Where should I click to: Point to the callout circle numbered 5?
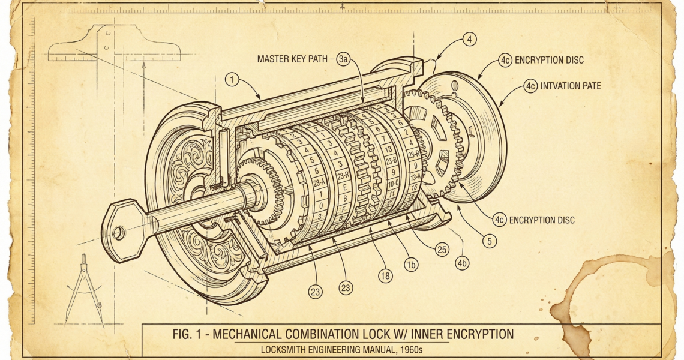[490, 242]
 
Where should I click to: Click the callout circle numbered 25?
[442, 248]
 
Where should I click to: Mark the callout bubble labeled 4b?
[462, 263]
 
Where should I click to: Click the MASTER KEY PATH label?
[292, 59]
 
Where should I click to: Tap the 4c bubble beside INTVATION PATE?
[530, 86]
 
